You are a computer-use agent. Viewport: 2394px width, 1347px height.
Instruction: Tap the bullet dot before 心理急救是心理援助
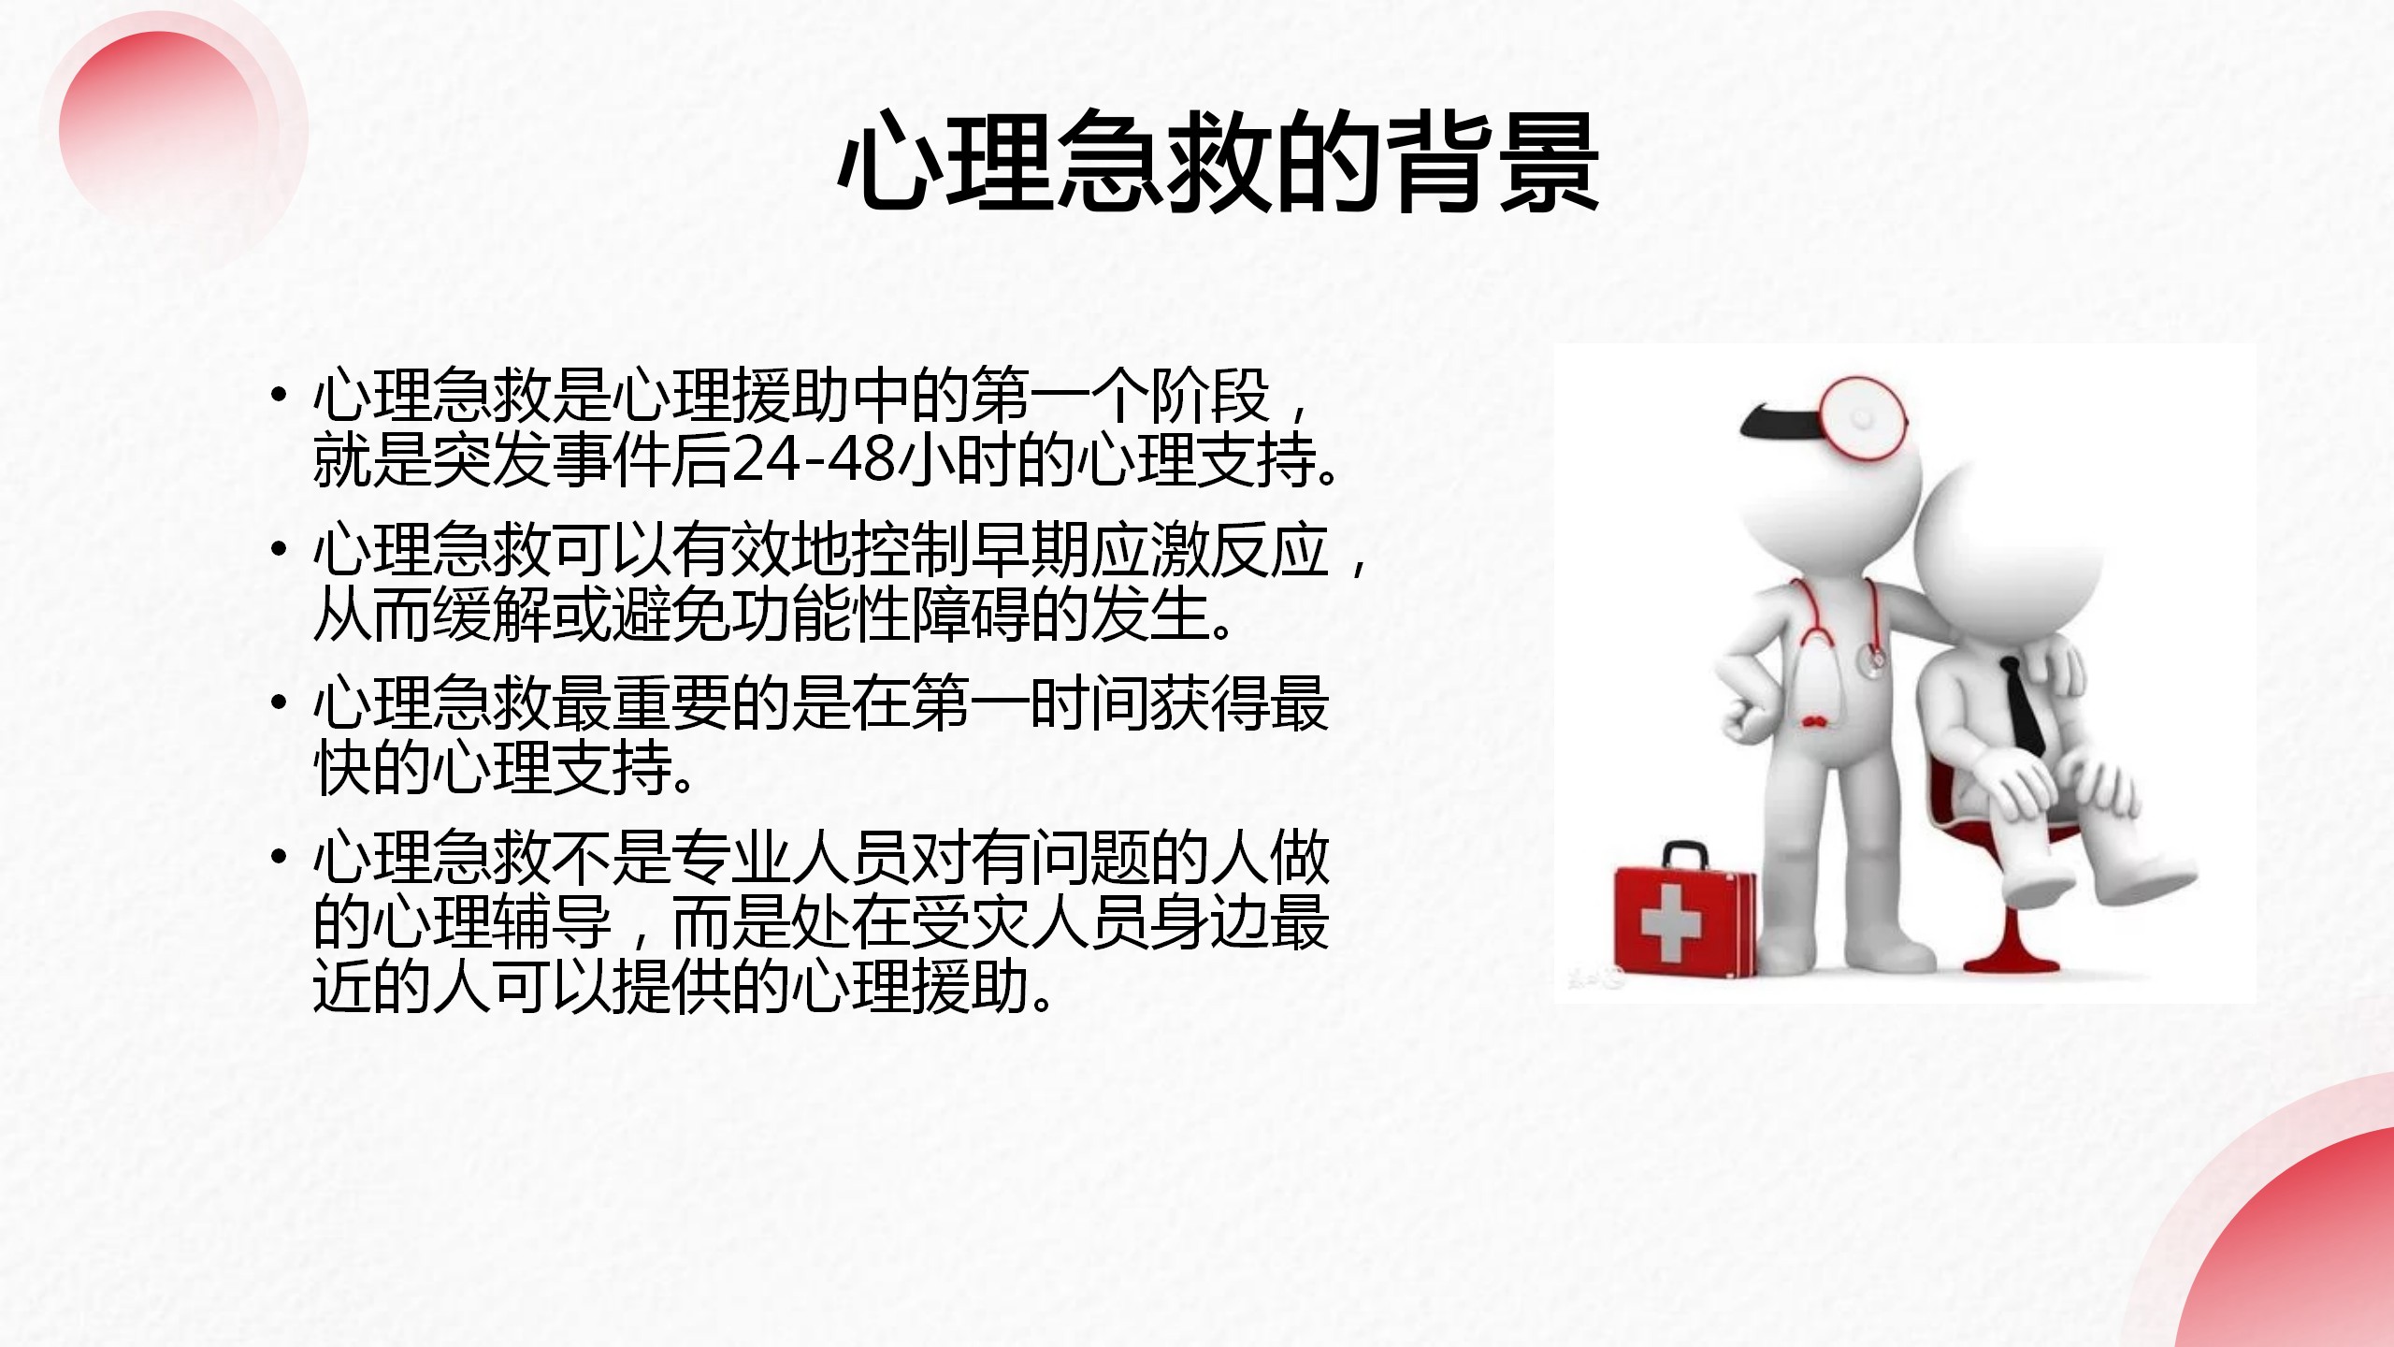click(x=277, y=396)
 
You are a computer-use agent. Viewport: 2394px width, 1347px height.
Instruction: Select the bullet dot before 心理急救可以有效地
click(x=277, y=550)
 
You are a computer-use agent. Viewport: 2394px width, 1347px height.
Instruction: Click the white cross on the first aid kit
click(x=1673, y=922)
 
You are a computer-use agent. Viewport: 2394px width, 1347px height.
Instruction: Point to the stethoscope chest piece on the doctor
click(x=1872, y=662)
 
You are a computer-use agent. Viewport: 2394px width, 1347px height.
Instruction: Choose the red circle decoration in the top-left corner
click(x=159, y=126)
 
